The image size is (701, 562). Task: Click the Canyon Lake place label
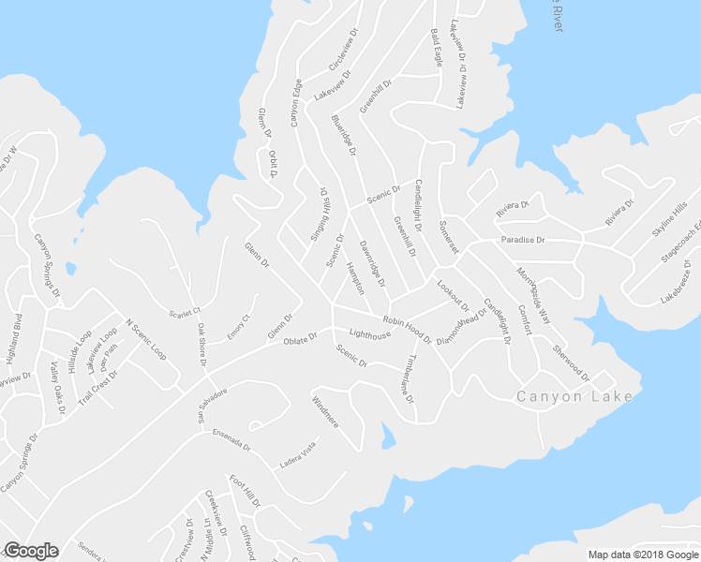coord(574,397)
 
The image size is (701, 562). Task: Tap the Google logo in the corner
coord(31,551)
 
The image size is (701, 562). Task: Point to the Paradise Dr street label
coord(522,240)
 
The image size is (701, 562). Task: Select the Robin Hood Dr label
coord(407,328)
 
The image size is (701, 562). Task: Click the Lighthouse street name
coord(369,334)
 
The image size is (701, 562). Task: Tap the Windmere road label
coord(324,411)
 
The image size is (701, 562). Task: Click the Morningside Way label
coord(531,296)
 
